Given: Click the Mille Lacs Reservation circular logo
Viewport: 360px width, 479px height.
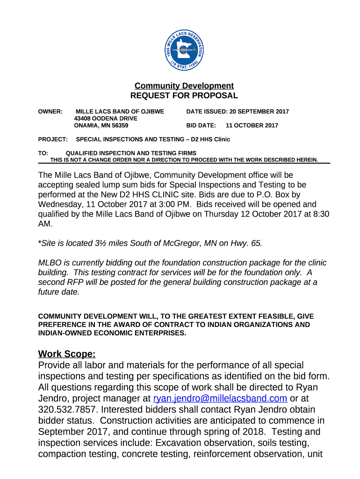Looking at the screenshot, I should [184, 46].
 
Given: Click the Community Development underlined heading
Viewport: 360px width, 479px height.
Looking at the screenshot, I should [184, 86].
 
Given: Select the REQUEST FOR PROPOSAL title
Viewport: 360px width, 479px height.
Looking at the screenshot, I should [184, 95].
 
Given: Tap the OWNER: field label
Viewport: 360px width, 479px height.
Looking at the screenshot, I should [50, 111].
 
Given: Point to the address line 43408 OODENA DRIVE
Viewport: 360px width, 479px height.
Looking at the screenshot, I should [106, 118].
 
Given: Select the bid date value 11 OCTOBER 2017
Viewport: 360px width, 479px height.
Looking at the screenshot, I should [252, 125].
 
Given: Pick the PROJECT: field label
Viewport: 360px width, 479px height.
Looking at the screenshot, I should [53, 139].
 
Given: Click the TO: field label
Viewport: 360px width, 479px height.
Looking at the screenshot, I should [43, 153].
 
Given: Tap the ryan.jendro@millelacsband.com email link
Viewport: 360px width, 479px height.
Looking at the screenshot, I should [220, 398].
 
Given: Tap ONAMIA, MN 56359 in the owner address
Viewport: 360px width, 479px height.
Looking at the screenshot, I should [101, 125].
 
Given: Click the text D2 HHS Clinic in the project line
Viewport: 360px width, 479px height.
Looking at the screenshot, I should [207, 139].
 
